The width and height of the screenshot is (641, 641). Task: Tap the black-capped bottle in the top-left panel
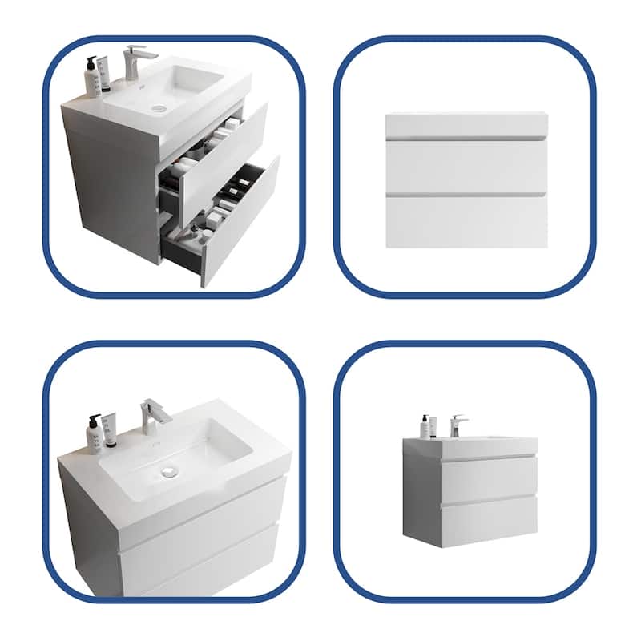coord(93,74)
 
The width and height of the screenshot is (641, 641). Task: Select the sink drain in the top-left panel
coord(159,107)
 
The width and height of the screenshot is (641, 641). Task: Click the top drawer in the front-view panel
coord(466,167)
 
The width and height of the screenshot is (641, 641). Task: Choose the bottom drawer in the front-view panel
coord(466,220)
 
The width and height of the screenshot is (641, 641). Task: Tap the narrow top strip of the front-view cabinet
coord(466,125)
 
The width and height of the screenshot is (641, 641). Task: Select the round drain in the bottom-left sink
coord(168,472)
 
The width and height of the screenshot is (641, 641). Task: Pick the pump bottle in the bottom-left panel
coord(95,433)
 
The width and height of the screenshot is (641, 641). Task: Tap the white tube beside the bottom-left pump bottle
coord(110,429)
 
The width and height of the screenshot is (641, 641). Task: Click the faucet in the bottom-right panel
coord(458,424)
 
